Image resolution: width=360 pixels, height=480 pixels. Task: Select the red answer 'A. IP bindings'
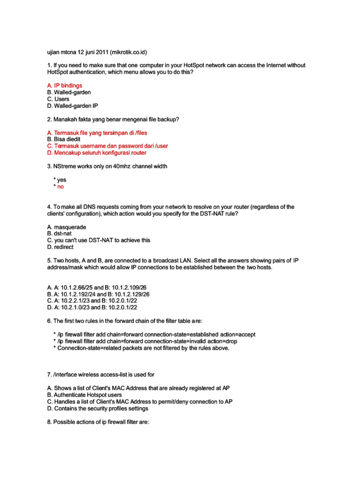point(65,86)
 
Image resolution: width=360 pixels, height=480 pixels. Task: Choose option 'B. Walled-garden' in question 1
point(69,92)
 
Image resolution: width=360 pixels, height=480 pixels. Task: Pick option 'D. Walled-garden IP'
point(73,106)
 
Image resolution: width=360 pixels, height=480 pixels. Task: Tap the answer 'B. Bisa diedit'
point(64,139)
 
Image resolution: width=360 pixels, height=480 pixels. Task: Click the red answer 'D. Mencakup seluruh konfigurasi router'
point(97,153)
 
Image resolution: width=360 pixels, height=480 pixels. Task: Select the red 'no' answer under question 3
point(60,187)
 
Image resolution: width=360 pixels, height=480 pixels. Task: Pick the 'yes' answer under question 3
point(61,180)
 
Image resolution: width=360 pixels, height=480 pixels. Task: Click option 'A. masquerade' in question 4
point(67,227)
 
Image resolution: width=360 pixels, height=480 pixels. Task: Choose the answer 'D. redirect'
point(60,247)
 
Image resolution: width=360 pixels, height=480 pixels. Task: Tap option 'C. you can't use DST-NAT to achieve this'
point(99,240)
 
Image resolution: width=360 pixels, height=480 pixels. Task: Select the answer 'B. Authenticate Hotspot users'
point(85,395)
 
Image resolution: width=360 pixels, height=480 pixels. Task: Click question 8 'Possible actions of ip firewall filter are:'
point(98,422)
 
